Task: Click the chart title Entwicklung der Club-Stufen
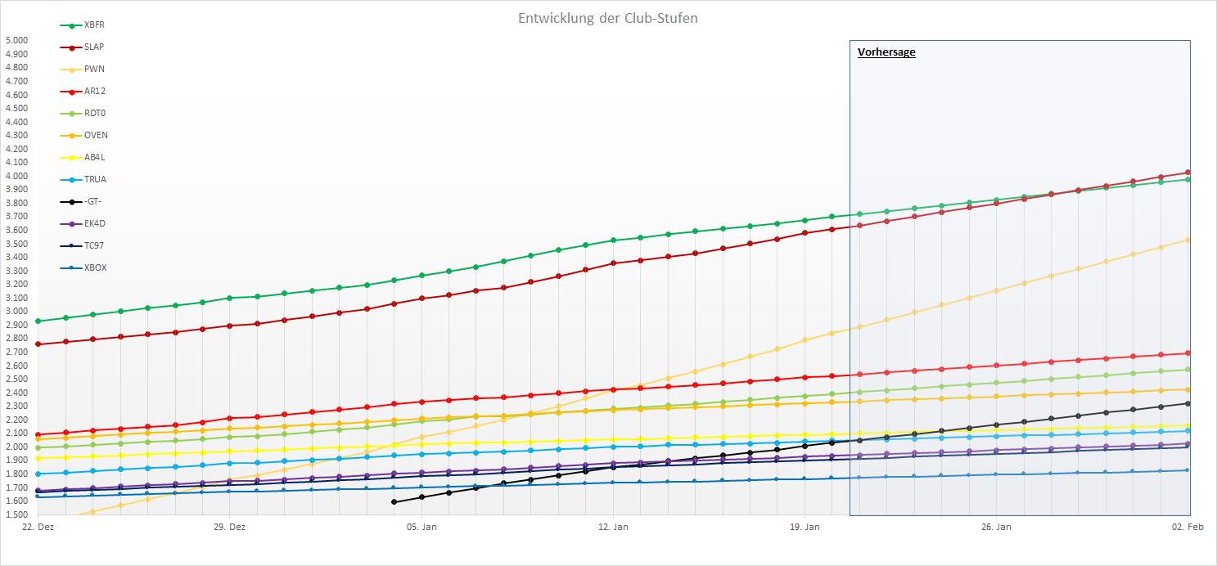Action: [x=608, y=17]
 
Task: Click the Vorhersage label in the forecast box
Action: [x=886, y=52]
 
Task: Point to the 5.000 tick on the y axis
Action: [x=16, y=41]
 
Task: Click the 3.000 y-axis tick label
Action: [x=16, y=312]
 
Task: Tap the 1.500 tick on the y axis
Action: [x=16, y=515]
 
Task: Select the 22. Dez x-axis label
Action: [x=38, y=528]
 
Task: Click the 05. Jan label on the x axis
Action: [x=421, y=528]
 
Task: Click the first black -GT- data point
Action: [x=394, y=502]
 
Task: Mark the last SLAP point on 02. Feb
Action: [x=1188, y=173]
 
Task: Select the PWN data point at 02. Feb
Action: [x=1188, y=240]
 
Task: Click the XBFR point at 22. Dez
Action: [x=38, y=321]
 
